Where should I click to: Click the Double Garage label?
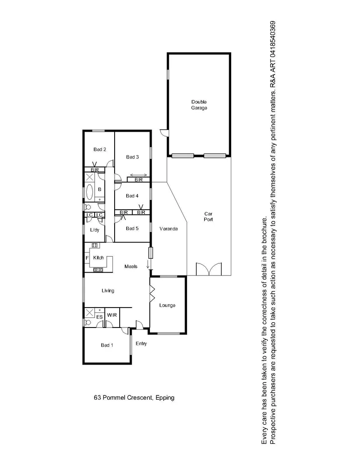199,105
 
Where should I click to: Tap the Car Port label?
208,216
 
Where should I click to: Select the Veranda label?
169,229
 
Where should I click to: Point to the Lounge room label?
167,305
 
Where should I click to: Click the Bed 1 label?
107,345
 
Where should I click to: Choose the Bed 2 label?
100,149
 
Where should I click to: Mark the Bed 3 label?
132,157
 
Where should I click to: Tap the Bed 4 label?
132,196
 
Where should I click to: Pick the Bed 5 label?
132,228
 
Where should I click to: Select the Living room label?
108,290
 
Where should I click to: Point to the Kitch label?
98,258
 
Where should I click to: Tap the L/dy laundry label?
95,230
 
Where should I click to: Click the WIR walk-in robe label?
112,315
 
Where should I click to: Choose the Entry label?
141,344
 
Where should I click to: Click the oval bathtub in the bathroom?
90,192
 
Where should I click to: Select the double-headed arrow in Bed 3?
137,175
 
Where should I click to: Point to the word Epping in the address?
165,397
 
